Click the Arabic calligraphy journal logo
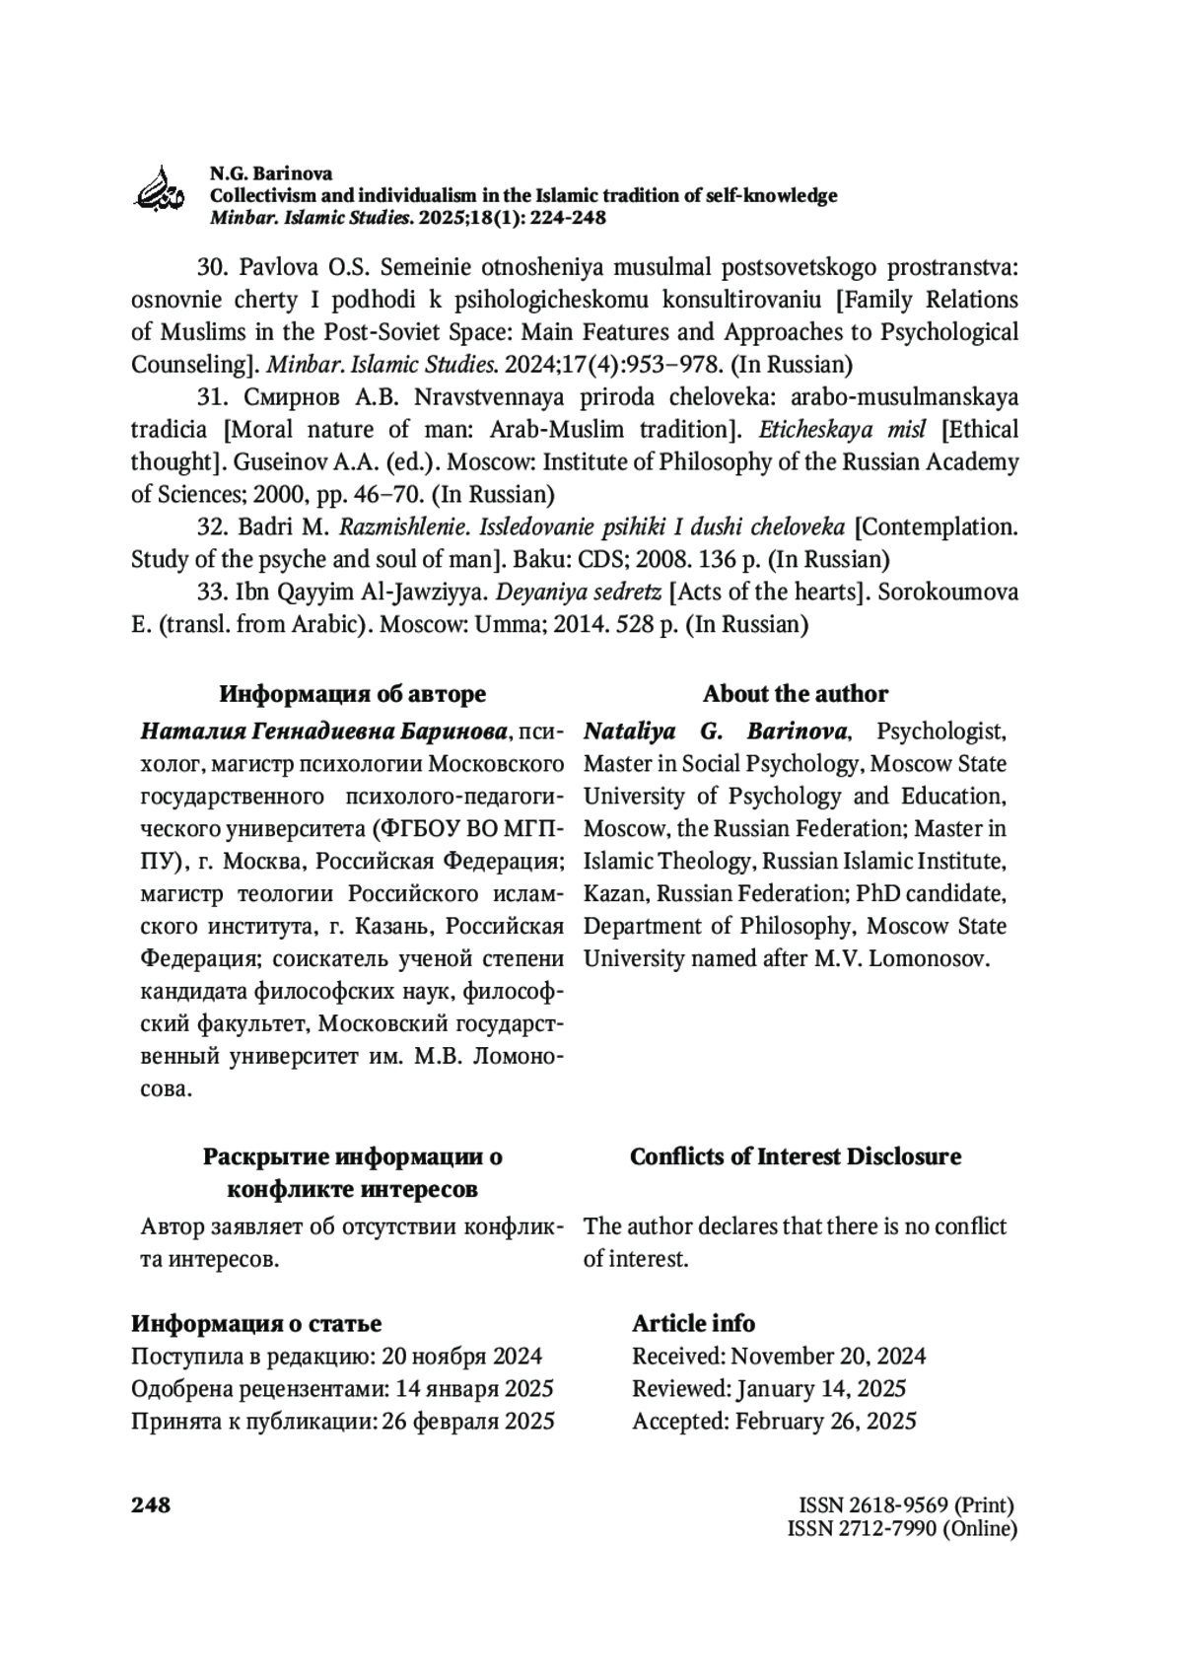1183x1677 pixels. [159, 186]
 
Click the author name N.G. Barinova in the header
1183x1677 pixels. [270, 174]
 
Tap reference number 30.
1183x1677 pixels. [212, 267]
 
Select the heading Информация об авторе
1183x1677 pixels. [352, 694]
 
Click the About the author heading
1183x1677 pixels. [795, 694]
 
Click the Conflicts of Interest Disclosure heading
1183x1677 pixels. [795, 1156]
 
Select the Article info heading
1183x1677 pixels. [693, 1324]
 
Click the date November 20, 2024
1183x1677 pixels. [828, 1357]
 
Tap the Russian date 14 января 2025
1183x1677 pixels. [474, 1389]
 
